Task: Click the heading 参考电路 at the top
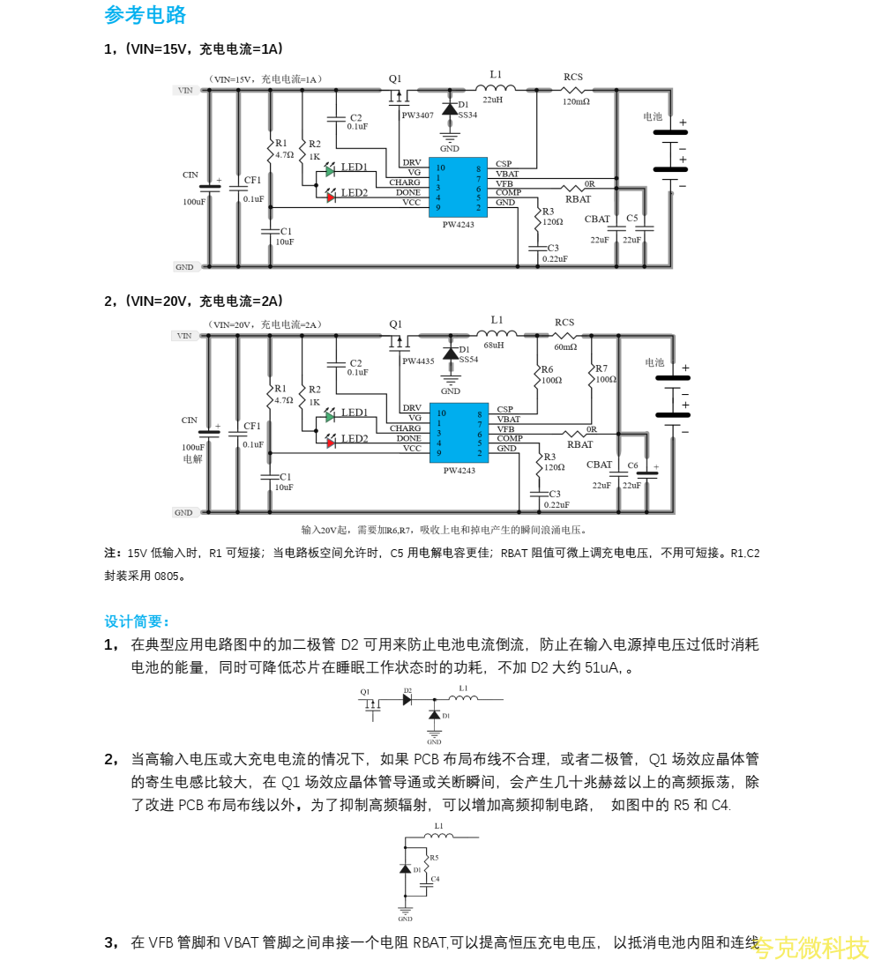146,15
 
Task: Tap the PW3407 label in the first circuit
417,115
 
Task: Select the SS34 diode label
467,115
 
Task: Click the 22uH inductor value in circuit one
492,100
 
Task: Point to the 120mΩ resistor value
576,101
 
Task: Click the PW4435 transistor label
418,361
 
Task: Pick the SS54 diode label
468,360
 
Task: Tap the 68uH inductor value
494,346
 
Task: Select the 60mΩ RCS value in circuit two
566,346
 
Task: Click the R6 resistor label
548,369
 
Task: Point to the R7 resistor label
601,368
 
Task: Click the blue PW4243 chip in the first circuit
458,186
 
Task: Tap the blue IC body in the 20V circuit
458,432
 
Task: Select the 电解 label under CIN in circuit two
192,459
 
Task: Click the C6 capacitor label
632,465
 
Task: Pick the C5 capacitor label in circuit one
631,218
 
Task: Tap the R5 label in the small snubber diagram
434,857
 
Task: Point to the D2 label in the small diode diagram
407,690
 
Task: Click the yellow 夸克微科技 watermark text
812,948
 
